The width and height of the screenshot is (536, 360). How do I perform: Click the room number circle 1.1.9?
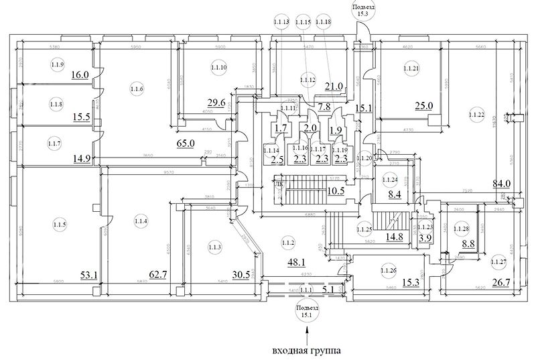[56, 64]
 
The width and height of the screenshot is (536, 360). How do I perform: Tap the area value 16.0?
[80, 75]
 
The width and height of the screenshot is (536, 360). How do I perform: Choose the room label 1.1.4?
[140, 221]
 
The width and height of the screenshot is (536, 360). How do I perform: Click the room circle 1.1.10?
[219, 68]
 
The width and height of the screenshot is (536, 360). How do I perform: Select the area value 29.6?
[216, 103]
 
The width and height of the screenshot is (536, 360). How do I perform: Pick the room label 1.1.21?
[411, 68]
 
